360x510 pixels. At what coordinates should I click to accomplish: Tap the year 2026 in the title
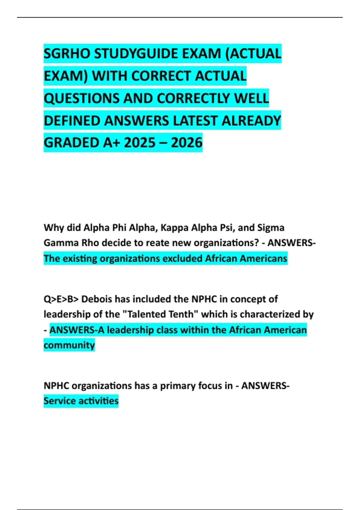click(187, 143)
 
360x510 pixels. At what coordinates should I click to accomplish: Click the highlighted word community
click(69, 345)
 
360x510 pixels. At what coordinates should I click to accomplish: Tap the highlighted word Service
click(61, 401)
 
